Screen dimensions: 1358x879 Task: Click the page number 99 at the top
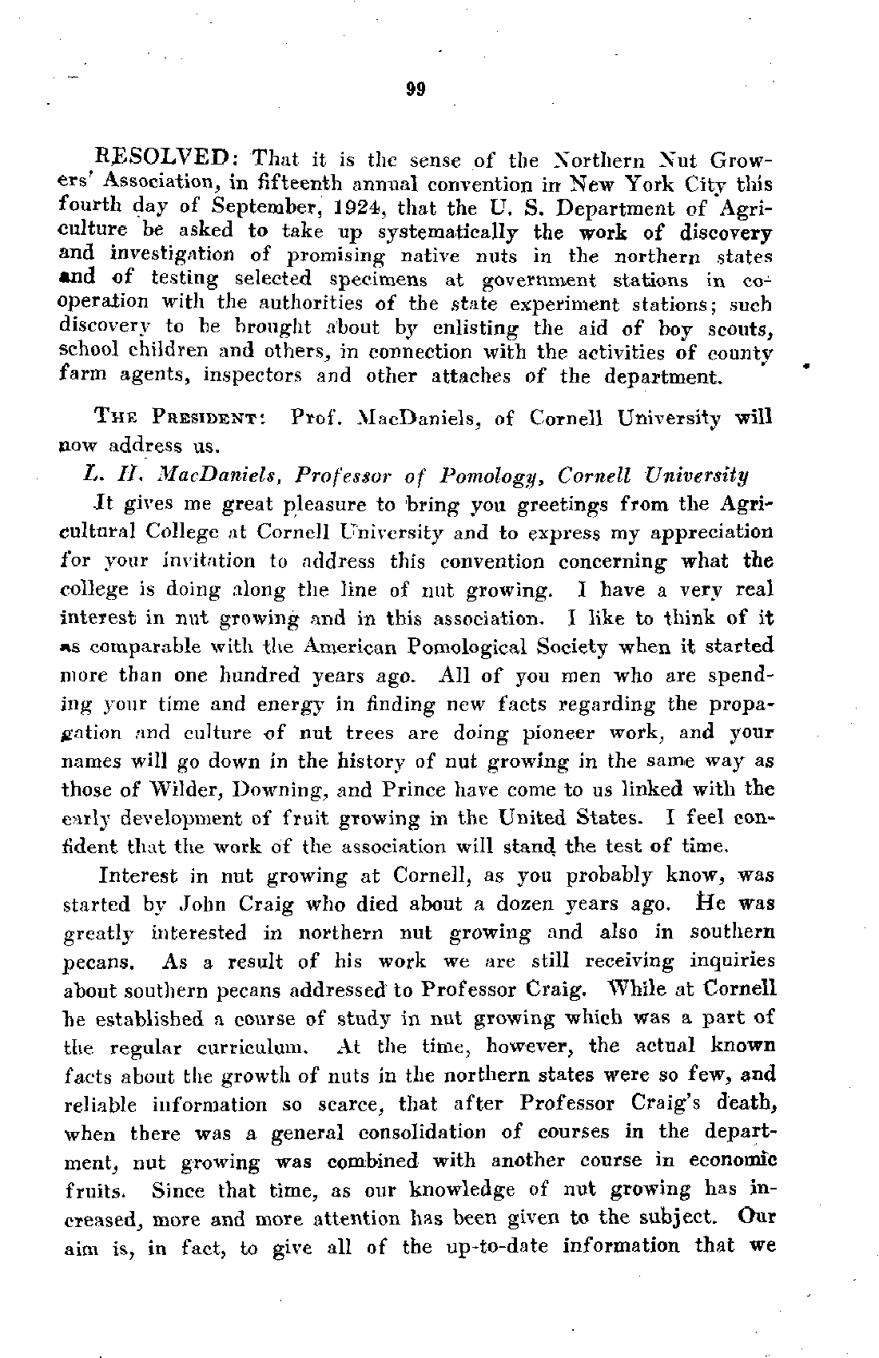tap(416, 89)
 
